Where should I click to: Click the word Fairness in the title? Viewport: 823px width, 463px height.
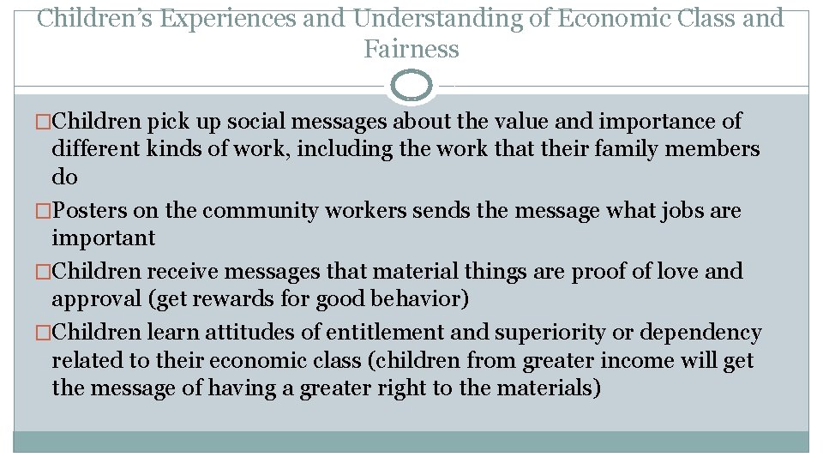coord(411,50)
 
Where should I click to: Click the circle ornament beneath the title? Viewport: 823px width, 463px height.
coord(411,86)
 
